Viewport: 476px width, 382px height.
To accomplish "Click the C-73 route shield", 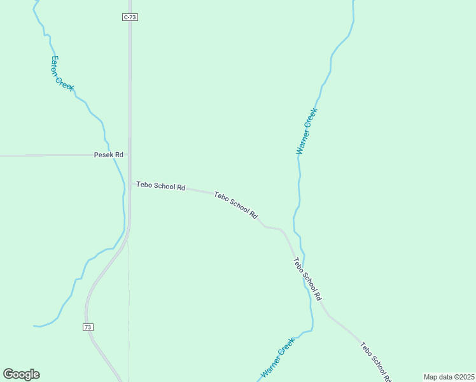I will coord(130,17).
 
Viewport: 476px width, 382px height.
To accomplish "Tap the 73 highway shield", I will coord(88,327).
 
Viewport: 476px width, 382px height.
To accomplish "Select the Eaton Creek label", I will coord(62,73).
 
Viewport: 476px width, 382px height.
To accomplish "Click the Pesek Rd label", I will coord(108,155).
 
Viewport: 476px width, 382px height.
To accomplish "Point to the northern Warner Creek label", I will coord(307,131).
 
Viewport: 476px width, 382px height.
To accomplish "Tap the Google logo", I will coord(21,374).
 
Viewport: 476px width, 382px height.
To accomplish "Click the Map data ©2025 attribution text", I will coord(449,377).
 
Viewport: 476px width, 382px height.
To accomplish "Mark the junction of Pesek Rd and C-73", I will coord(130,155).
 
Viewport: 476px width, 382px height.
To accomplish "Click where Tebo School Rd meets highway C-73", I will coord(131,183).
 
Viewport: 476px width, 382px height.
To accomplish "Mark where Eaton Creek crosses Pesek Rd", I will coord(113,155).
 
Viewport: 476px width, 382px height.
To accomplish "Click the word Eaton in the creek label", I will coord(55,64).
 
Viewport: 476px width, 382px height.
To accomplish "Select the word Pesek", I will coord(102,155).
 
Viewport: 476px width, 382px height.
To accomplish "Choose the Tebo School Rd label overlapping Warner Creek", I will coord(308,279).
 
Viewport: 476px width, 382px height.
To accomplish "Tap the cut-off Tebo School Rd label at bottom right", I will coord(375,362).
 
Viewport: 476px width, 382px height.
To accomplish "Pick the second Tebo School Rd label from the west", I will coord(235,206).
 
